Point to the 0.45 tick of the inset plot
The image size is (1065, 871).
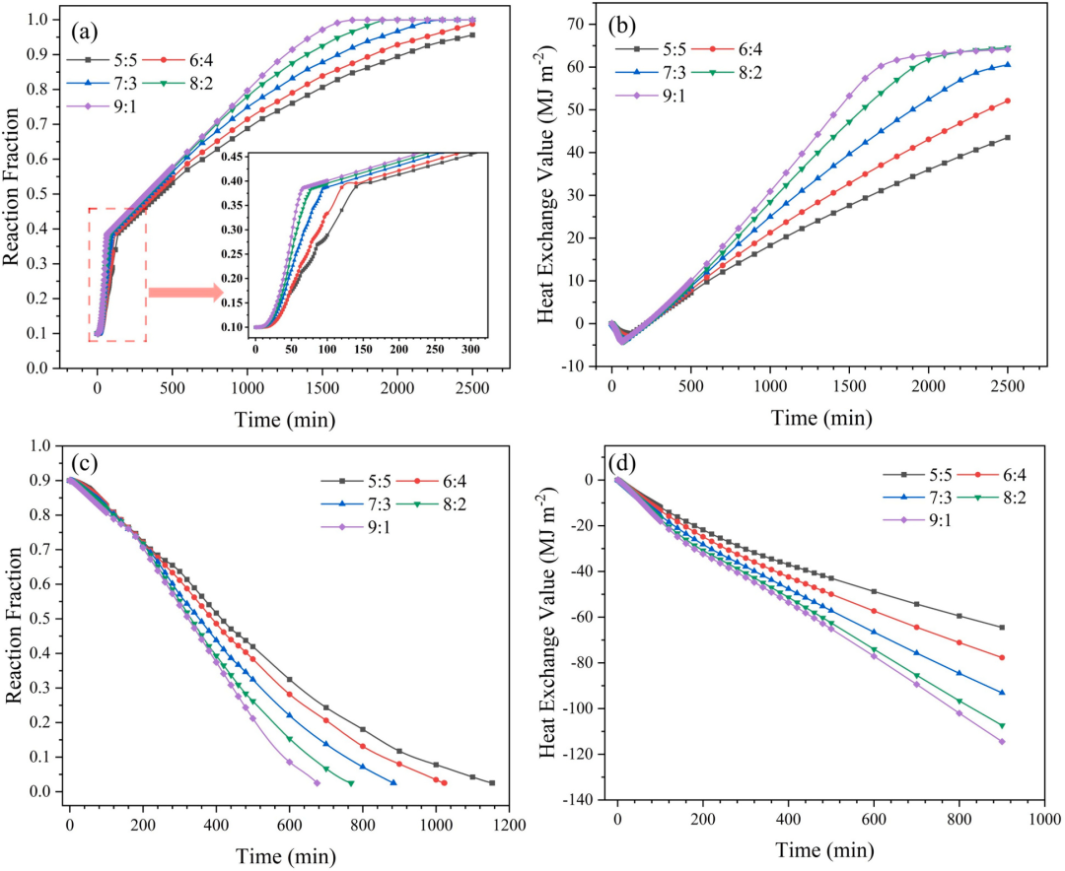coord(235,156)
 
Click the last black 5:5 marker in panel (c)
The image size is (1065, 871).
coord(491,783)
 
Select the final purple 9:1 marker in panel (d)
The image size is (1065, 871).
coord(1002,741)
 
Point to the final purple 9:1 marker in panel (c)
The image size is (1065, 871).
coord(317,782)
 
